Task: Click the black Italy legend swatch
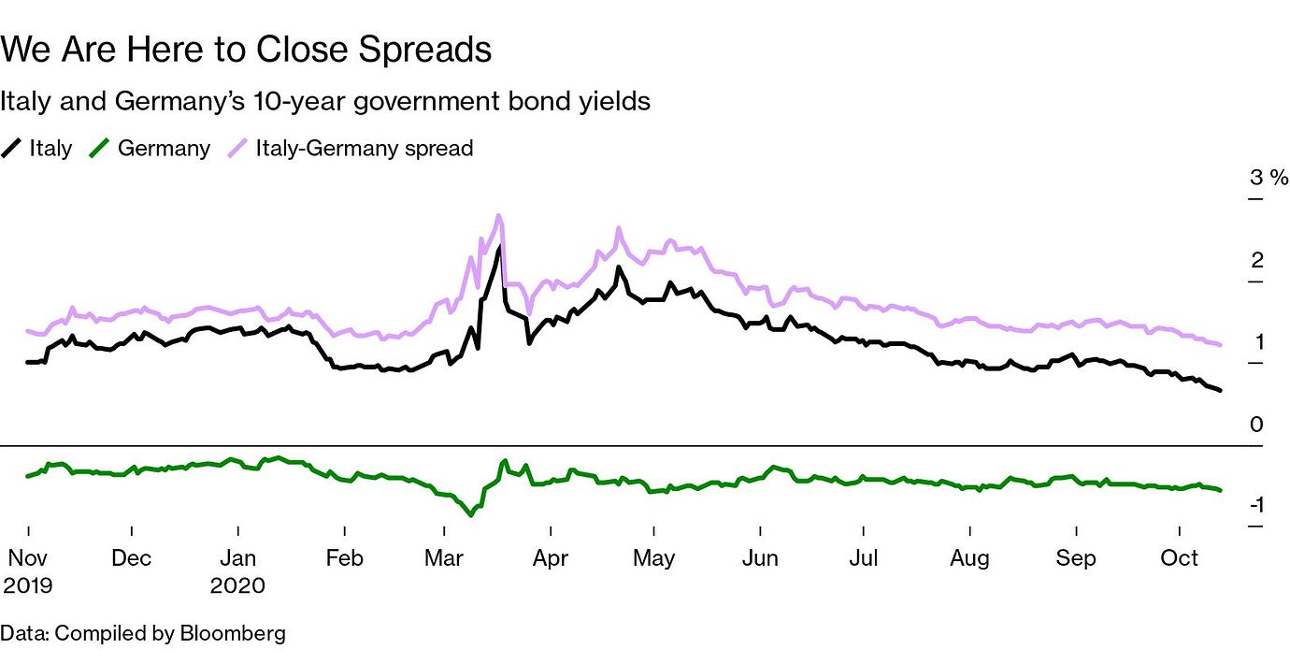(x=12, y=148)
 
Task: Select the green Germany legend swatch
(x=101, y=148)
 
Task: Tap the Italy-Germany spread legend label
(x=364, y=148)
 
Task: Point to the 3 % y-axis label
(x=1269, y=178)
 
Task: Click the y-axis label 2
(x=1257, y=260)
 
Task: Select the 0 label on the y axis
(x=1257, y=425)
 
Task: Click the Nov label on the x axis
(x=27, y=558)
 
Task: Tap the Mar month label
(x=444, y=558)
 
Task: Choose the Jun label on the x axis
(x=760, y=558)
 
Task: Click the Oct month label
(x=1180, y=558)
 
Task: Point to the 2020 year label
(x=237, y=586)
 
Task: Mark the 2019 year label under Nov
(x=27, y=586)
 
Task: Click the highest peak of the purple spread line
(x=499, y=216)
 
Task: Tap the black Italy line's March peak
(x=499, y=247)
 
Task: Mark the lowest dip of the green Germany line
(x=470, y=514)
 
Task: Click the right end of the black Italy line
(x=1220, y=390)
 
